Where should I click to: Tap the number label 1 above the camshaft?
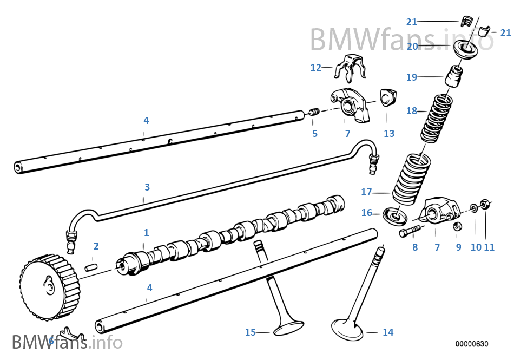tap(146, 233)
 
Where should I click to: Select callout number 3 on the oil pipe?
tap(147, 187)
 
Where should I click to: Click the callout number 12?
tap(315, 68)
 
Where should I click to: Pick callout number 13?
tap(389, 134)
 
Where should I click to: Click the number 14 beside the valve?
tap(388, 332)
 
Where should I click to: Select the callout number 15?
tap(250, 332)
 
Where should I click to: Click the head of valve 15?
tap(288, 326)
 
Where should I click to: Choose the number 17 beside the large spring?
tap(367, 192)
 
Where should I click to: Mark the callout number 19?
tap(411, 77)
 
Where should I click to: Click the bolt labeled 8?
tap(409, 233)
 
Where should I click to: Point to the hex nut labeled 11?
tap(486, 205)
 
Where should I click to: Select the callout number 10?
tap(476, 247)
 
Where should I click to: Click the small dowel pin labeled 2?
tap(91, 267)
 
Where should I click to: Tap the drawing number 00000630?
tap(471, 344)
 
